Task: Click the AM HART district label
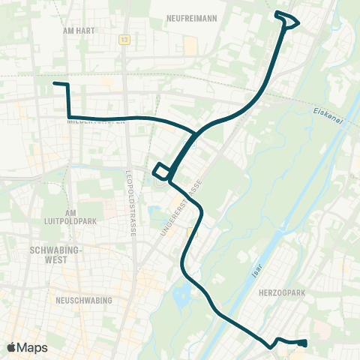coord(78,33)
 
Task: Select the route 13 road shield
coord(124,40)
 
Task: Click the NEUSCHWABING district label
coord(83,300)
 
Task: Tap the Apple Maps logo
coord(27,347)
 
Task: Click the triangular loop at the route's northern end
coord(288,19)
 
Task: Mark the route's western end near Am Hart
coord(55,84)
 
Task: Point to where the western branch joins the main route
coord(196,134)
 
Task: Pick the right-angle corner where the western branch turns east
coord(69,117)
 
